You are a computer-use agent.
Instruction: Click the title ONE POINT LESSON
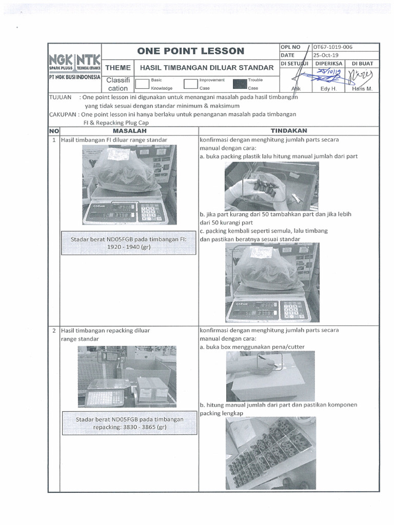point(190,51)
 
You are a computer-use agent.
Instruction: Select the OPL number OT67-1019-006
point(333,47)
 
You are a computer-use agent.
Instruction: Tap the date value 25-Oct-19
point(326,55)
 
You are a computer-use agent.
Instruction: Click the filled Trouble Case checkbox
point(239,84)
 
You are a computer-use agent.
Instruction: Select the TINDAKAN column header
point(288,130)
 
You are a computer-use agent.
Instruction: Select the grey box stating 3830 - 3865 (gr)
point(129,422)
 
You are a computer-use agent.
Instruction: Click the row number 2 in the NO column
point(54,331)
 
